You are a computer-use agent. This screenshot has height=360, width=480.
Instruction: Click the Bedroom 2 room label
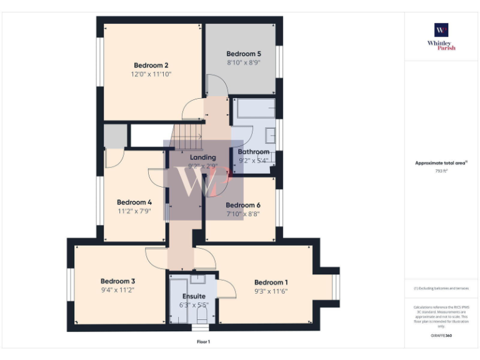tap(151, 65)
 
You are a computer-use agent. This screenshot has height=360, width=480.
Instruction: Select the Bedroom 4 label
tap(134, 202)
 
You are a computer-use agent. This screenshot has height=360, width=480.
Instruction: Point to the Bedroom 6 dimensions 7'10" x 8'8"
tap(242, 214)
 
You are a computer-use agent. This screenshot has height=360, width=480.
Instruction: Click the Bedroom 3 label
tap(117, 281)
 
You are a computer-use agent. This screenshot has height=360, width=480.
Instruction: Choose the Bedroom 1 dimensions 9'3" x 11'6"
tap(271, 291)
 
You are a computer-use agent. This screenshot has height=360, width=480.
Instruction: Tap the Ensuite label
tap(194, 296)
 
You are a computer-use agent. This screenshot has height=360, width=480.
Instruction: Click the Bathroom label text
tap(254, 152)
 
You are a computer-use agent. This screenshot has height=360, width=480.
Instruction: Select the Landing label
tap(202, 157)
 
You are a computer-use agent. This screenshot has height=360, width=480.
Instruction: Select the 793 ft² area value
tap(441, 170)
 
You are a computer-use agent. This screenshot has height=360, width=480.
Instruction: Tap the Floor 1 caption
tap(203, 342)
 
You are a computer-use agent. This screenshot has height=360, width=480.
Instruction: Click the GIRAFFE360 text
tap(441, 336)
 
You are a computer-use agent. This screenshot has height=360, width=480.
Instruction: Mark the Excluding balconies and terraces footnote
tap(441, 288)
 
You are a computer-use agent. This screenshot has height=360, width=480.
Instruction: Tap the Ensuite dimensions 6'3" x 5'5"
tap(194, 305)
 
